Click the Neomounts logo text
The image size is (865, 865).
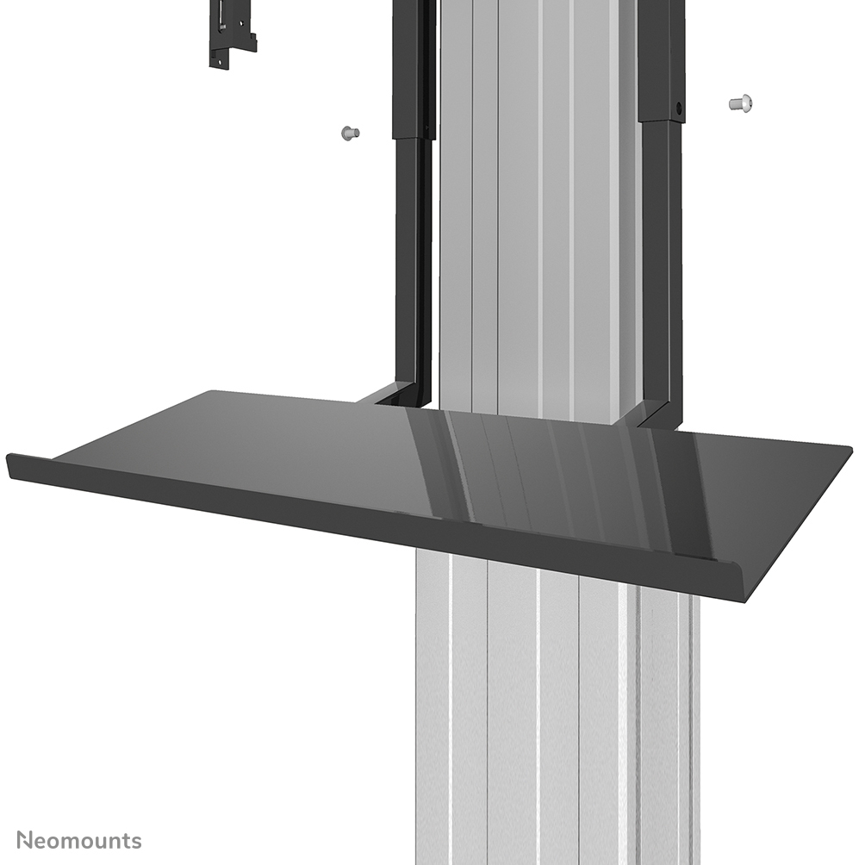78,840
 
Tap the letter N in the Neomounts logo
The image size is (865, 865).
26,840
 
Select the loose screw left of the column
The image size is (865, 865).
349,133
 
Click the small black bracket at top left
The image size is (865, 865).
232,34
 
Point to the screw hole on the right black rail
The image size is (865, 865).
678,110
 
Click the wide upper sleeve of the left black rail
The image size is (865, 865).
412,69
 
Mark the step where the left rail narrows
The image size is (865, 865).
412,139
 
